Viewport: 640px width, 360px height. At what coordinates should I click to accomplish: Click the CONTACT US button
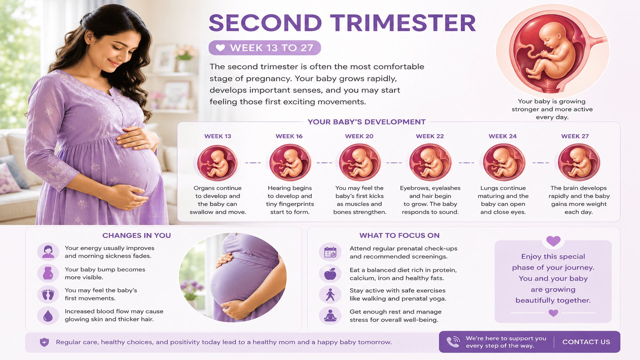[586, 342]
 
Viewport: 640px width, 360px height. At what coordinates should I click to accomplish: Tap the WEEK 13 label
[218, 136]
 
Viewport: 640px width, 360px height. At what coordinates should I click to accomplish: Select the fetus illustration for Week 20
[360, 162]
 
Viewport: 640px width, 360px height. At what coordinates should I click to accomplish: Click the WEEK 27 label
[575, 136]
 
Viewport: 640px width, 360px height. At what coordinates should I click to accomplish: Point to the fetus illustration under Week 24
[504, 162]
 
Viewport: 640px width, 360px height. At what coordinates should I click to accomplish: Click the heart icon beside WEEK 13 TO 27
[220, 48]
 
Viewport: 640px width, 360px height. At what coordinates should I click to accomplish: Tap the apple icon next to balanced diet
[330, 274]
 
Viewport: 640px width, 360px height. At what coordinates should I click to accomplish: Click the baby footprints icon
[48, 294]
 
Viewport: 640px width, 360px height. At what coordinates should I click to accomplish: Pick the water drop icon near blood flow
[48, 316]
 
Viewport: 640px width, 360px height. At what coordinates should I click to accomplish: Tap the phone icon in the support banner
[453, 342]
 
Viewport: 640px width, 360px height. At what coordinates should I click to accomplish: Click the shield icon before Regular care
[44, 342]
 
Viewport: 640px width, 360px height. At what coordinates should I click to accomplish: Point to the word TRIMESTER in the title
[403, 23]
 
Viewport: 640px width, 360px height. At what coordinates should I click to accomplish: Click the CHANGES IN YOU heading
[136, 235]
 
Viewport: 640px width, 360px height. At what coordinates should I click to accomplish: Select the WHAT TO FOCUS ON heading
[399, 235]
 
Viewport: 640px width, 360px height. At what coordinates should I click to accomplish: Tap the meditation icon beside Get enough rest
[330, 316]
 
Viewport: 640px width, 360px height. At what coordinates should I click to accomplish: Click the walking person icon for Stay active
[330, 295]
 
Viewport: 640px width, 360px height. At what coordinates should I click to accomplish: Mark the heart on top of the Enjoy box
[553, 241]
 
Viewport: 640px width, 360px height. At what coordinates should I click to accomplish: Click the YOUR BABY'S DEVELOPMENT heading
[366, 122]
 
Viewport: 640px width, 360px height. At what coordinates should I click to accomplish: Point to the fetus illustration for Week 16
[290, 162]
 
